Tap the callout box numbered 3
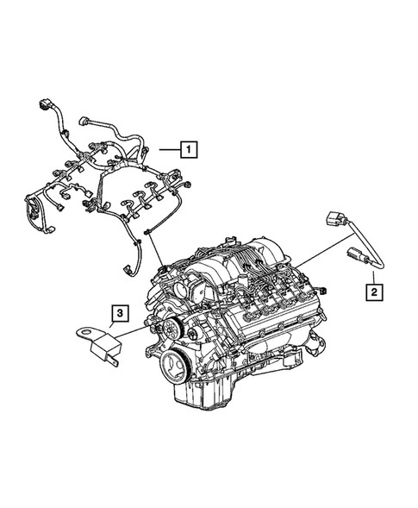[x=122, y=314]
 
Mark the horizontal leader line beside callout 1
[x=169, y=149]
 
